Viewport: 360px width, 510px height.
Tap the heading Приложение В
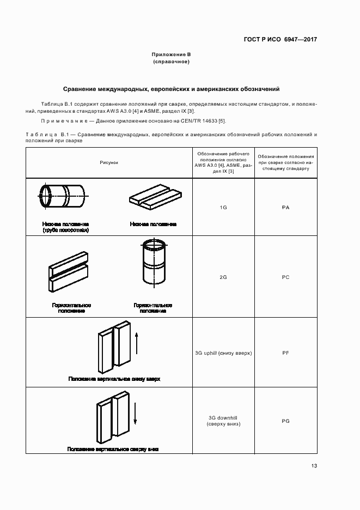pos(171,55)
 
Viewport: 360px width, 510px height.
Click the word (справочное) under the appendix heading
pos(171,62)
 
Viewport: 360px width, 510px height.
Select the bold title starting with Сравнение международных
pos(171,88)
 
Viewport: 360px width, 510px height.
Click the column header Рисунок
pos(108,162)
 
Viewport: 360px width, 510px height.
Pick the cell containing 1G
pos(223,208)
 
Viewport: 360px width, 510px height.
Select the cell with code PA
pos(285,208)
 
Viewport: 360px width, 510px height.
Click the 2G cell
pos(223,277)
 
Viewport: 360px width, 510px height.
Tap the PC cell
pos(285,277)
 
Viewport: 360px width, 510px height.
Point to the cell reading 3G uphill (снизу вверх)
pos(223,353)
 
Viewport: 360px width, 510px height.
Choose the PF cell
pos(285,353)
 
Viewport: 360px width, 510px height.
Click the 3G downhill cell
pos(223,421)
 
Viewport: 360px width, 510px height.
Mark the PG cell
pos(285,421)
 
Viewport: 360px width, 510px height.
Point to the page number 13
pos(314,466)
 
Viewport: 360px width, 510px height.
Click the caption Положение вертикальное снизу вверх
pos(114,378)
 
